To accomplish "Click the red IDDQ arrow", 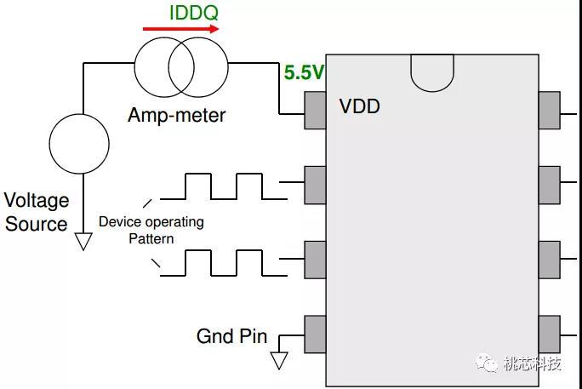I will click(x=180, y=29).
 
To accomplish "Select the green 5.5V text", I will click(x=304, y=73).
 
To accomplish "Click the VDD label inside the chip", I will click(x=359, y=107).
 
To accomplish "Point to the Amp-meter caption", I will click(x=177, y=115).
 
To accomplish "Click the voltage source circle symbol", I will click(x=79, y=143).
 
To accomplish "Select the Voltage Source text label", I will click(x=36, y=213).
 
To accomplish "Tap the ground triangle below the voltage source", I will click(x=83, y=241).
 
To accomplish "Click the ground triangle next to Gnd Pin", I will click(x=278, y=360).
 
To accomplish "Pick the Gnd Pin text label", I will click(x=231, y=336).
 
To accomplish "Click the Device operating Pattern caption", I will click(x=151, y=230).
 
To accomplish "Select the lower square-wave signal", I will click(x=224, y=262).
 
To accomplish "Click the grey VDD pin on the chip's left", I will click(x=315, y=110).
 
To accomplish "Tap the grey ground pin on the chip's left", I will click(x=315, y=335).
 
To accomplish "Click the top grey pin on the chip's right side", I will click(x=550, y=110).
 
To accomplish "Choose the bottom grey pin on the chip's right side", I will click(x=550, y=335).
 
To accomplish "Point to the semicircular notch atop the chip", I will click(x=432, y=72).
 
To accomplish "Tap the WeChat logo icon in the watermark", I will click(x=489, y=363).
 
